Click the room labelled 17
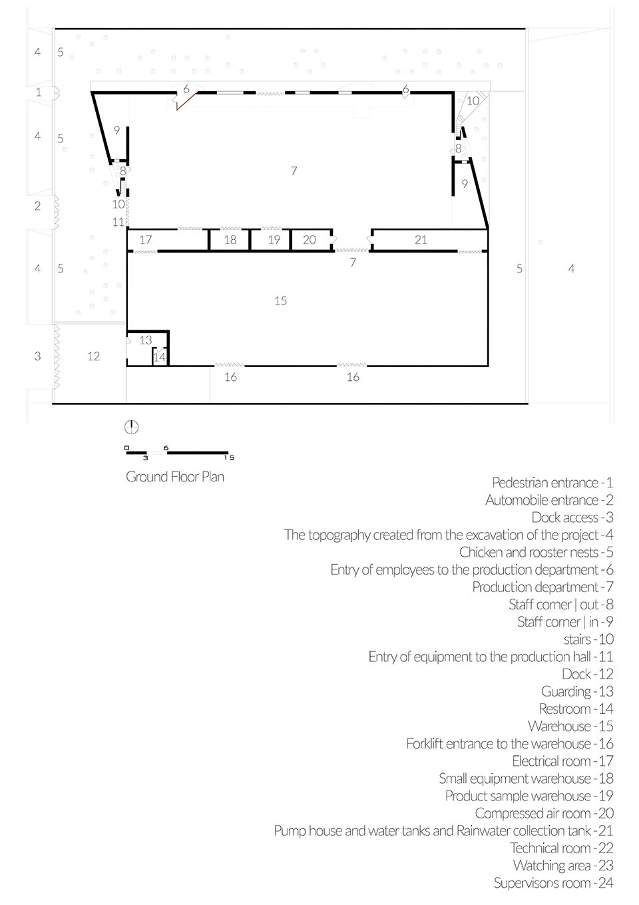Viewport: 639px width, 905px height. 168,240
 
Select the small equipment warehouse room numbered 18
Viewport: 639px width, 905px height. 230,240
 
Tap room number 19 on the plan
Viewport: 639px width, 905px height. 271,240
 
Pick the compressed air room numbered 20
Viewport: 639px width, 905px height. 311,240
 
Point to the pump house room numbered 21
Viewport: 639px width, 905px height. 430,240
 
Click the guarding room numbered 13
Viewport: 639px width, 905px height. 146,340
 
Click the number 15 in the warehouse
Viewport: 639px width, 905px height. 281,301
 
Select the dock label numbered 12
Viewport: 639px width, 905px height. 94,356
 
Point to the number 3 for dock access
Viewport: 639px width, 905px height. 37,356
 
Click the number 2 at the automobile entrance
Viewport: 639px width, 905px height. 37,206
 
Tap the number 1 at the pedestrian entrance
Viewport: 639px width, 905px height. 39,93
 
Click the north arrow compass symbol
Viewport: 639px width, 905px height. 131,427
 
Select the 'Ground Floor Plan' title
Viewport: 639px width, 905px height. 175,477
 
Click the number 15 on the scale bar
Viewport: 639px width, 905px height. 230,457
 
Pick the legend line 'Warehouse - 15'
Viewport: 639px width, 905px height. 570,726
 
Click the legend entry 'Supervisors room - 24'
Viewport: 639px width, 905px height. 554,883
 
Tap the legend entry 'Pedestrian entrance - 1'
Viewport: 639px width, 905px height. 552,482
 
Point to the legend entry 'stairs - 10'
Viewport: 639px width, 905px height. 589,639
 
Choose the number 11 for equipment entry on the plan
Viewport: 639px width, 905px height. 118,222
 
